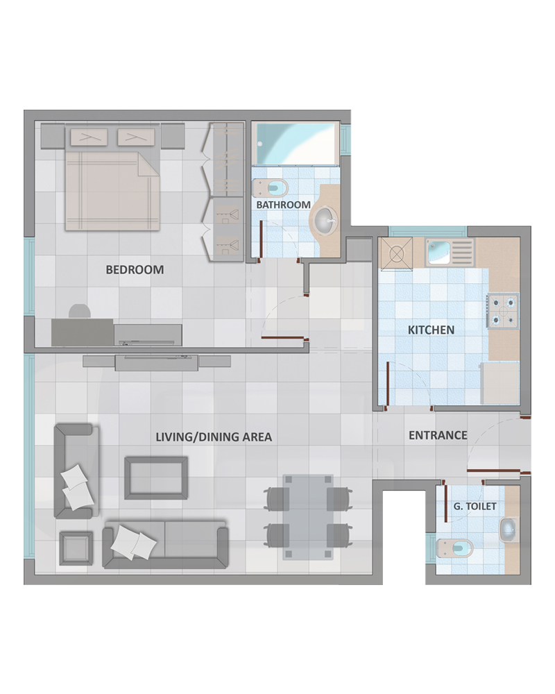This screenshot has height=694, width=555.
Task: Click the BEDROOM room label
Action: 135,269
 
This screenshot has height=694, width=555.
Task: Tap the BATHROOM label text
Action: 283,205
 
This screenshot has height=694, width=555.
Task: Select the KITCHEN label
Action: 431,330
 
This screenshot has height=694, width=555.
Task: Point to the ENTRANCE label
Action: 438,435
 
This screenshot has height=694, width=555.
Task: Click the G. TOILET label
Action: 475,506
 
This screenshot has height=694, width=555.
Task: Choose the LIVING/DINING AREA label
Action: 214,437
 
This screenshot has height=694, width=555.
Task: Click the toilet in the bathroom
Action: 270,188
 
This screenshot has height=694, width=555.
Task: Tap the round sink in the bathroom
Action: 326,219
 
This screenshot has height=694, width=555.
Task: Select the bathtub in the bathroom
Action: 296,144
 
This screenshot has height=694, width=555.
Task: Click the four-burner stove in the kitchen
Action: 503,310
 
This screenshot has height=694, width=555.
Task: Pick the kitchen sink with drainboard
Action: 450,253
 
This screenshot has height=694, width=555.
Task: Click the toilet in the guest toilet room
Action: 454,549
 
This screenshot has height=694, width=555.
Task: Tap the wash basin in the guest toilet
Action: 509,530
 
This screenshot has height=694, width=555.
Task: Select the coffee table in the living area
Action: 156,478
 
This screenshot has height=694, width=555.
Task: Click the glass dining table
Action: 307,517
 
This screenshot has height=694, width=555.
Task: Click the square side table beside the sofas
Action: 76,548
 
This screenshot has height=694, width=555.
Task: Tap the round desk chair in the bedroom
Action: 80,312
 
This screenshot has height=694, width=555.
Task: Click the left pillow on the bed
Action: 89,137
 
